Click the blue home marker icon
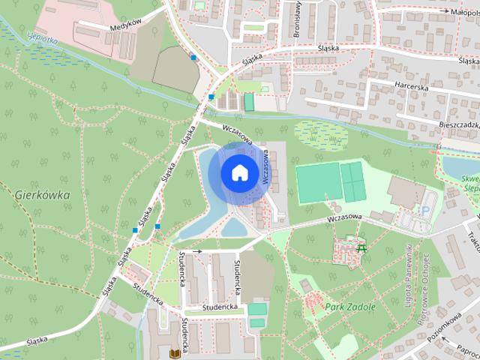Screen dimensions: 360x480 pos(238,173)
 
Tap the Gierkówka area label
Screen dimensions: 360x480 pos(42,194)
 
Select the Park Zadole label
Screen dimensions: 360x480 pos(345,307)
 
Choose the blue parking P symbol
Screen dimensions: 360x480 pos(426,212)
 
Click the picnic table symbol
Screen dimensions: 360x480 pos(362,247)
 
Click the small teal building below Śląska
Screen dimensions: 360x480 pos(248,102)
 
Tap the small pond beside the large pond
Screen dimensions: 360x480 pos(235,226)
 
